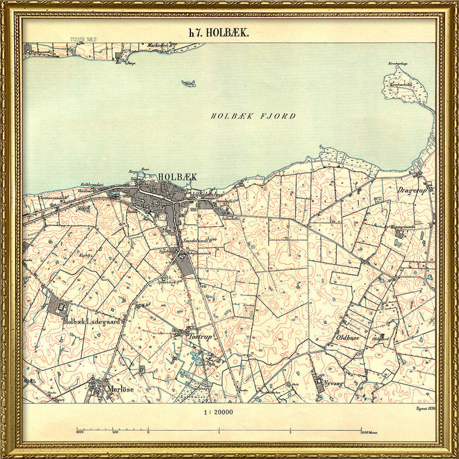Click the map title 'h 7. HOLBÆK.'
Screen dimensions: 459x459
pyautogui.click(x=219, y=33)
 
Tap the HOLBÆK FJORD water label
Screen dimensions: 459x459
pyautogui.click(x=253, y=116)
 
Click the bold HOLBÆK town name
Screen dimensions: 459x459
pyautogui.click(x=177, y=177)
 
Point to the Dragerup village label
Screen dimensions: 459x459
pyautogui.click(x=412, y=190)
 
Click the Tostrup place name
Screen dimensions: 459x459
pyautogui.click(x=200, y=337)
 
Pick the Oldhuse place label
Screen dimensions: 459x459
pyautogui.click(x=344, y=339)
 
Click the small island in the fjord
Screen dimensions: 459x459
pyautogui.click(x=188, y=84)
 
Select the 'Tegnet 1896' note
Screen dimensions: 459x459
pyautogui.click(x=424, y=408)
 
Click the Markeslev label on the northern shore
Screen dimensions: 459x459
pyautogui.click(x=161, y=45)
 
